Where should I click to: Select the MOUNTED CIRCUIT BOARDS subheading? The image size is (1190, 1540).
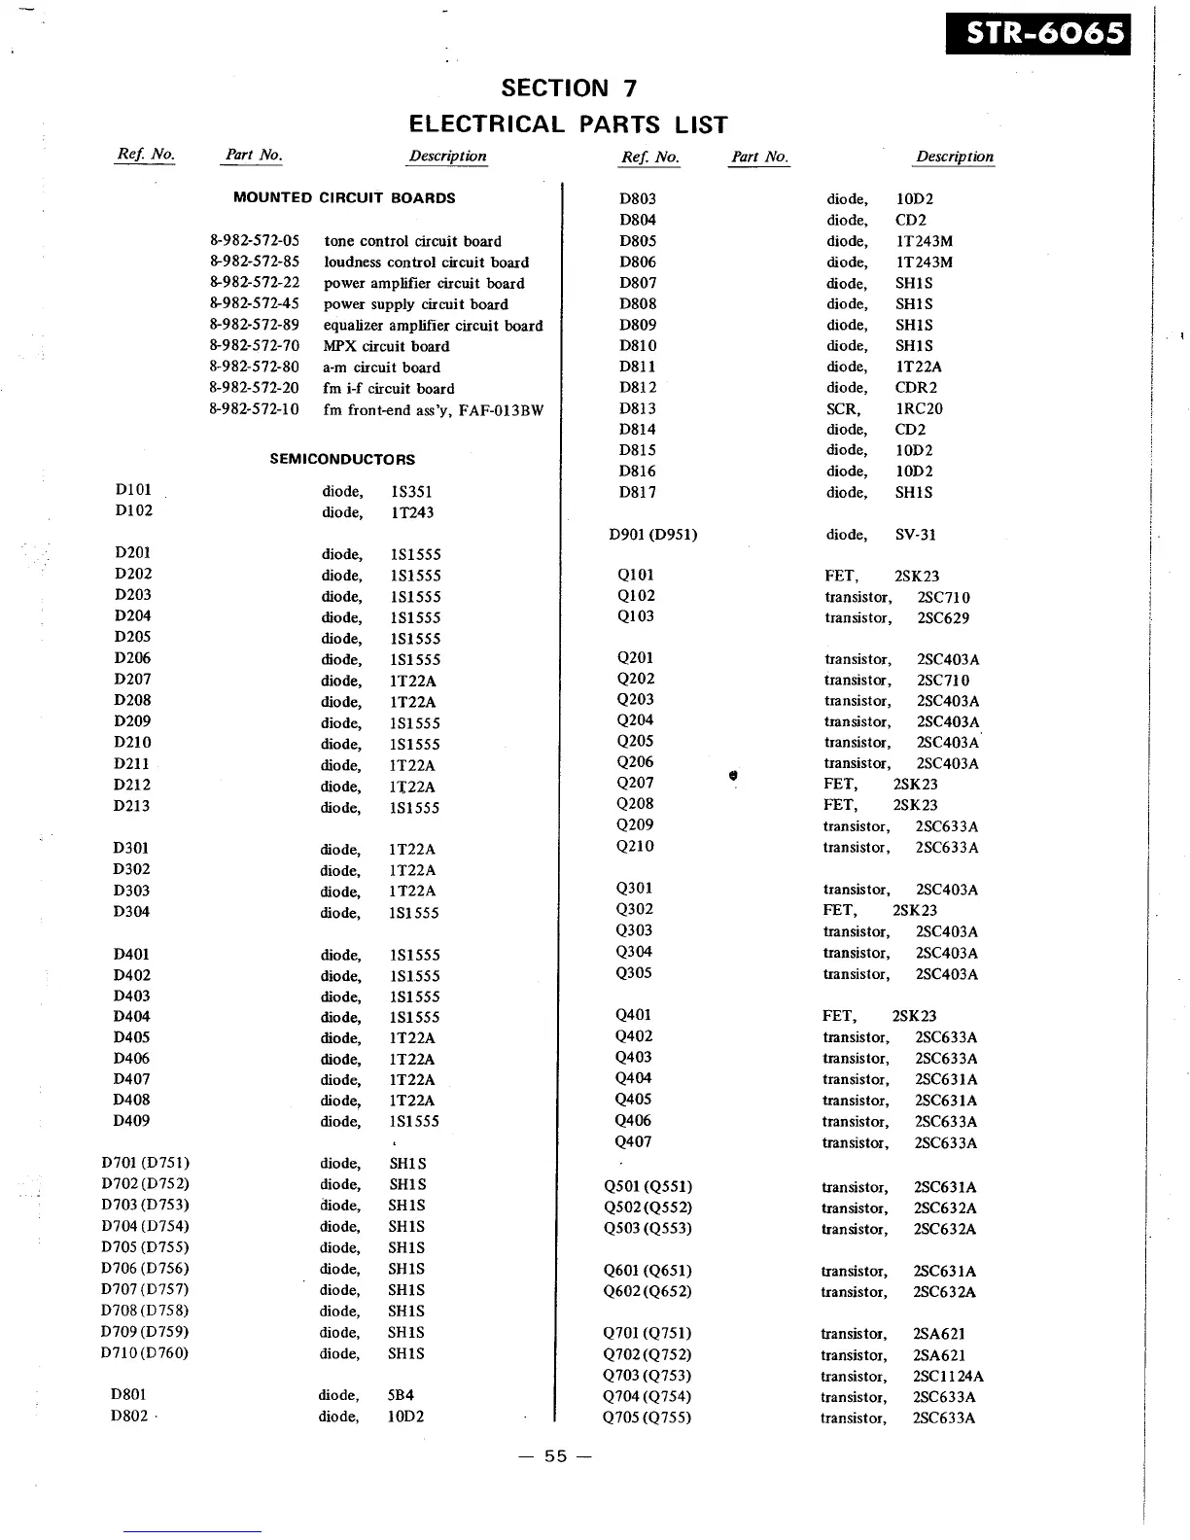(x=344, y=197)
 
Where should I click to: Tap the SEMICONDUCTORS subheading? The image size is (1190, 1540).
(x=342, y=459)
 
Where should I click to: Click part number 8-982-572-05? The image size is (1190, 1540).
(x=254, y=241)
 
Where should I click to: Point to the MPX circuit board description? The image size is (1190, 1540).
(x=386, y=346)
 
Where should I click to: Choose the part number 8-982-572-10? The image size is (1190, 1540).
(x=254, y=409)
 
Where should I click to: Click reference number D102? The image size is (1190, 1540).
(x=133, y=511)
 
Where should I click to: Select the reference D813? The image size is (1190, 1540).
(x=638, y=408)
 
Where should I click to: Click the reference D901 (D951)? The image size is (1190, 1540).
(x=653, y=534)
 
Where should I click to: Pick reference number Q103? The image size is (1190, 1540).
(x=636, y=616)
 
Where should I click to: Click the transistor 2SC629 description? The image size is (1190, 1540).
(x=896, y=618)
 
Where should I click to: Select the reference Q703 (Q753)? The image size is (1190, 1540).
(x=647, y=1376)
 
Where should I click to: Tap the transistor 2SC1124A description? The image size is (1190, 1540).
(x=901, y=1377)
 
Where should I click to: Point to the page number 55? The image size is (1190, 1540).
(x=555, y=1456)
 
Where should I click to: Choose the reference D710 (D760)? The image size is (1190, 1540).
(x=145, y=1353)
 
